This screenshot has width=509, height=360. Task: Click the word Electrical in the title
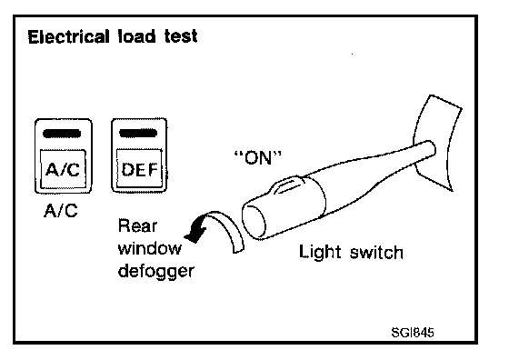tap(68, 36)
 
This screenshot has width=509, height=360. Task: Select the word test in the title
tap(181, 36)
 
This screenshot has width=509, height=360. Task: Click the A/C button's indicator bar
tap(62, 134)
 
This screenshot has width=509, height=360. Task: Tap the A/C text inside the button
tap(63, 169)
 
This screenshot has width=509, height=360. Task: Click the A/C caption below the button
tap(61, 211)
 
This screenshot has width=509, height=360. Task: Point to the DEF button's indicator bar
tap(138, 133)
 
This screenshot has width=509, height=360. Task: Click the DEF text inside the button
tap(140, 169)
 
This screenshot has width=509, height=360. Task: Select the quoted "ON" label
tap(258, 158)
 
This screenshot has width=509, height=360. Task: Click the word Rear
tap(137, 226)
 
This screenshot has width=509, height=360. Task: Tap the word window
tap(150, 248)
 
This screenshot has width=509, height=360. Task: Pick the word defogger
tap(155, 272)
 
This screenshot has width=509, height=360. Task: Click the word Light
tap(320, 252)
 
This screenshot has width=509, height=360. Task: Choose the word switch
tap(376, 252)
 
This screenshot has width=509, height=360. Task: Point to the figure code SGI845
tap(413, 333)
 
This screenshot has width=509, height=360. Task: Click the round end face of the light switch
tap(254, 220)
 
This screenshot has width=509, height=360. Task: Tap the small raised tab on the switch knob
tap(288, 185)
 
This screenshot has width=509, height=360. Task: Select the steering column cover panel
tap(436, 143)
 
